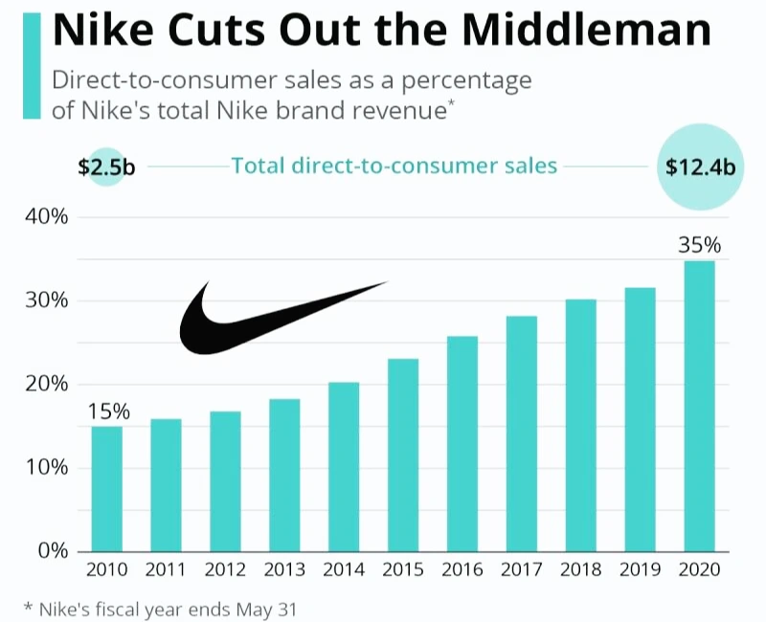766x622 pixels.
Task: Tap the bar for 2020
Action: pos(699,406)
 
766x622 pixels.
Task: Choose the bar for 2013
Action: pos(284,475)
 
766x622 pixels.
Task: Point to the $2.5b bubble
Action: pos(106,167)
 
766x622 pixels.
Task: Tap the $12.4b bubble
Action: pos(700,167)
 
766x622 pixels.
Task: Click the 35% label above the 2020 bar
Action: pos(699,245)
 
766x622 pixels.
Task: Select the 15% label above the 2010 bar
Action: pos(108,411)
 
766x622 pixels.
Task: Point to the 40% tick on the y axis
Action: pos(46,217)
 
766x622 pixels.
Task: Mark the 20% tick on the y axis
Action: pos(46,384)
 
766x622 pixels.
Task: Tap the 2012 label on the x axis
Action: pos(225,571)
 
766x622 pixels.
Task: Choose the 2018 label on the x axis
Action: pos(580,571)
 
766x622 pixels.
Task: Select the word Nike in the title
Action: pos(106,31)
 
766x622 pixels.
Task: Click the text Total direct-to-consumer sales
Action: pos(394,166)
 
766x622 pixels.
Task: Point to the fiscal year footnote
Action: pos(161,607)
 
